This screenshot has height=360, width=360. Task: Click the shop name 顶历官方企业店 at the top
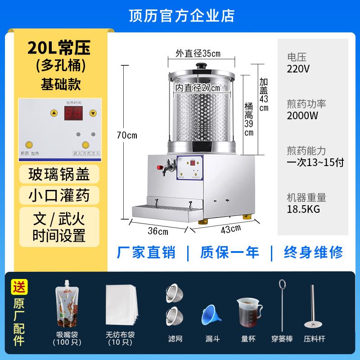click(x=180, y=15)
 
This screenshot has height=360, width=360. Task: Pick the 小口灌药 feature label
click(x=59, y=195)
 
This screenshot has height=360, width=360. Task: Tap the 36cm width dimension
click(x=157, y=232)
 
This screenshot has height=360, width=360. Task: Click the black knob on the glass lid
click(x=202, y=65)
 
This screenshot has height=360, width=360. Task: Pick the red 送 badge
click(x=20, y=286)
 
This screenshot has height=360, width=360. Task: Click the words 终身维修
click(x=313, y=252)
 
